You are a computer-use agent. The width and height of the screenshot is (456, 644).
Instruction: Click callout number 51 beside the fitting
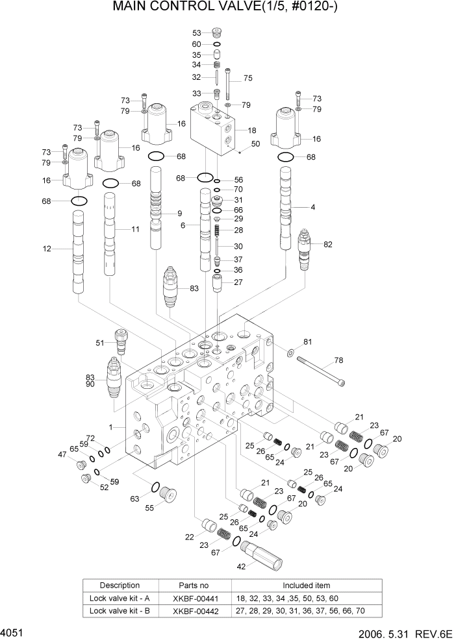(x=100, y=343)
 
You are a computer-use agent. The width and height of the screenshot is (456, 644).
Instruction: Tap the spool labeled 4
(x=286, y=208)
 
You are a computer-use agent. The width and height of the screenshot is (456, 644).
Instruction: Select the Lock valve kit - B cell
(x=120, y=610)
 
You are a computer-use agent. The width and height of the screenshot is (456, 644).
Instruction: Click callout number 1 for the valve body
(x=112, y=427)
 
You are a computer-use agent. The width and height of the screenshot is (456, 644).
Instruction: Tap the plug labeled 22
(x=209, y=525)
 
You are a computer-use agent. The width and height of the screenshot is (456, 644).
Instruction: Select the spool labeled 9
(x=159, y=208)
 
